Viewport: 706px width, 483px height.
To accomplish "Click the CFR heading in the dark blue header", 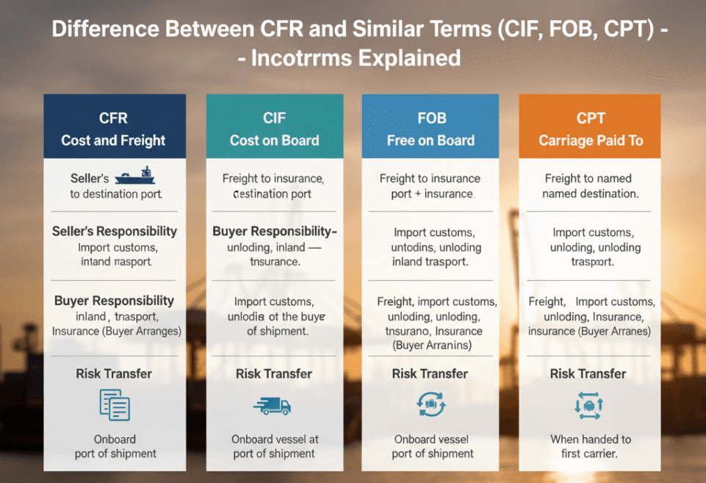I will [x=113, y=118].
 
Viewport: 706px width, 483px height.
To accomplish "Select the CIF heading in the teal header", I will [x=274, y=118].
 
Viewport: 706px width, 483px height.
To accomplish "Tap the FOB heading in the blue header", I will [x=431, y=118].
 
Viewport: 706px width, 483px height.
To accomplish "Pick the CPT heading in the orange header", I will [x=591, y=118].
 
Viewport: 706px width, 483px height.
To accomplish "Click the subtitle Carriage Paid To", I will [x=591, y=140].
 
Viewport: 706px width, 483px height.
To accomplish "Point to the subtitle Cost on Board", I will [x=274, y=140].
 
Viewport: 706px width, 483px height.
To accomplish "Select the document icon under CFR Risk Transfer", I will [x=114, y=405].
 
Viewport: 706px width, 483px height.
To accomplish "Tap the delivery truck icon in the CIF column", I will [x=272, y=405].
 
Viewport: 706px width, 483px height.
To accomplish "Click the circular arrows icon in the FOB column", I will [x=431, y=404].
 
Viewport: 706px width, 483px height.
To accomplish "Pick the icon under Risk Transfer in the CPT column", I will [x=589, y=404].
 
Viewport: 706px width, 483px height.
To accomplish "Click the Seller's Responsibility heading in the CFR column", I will [x=115, y=231].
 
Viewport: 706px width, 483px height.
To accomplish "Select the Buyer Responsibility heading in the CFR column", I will [x=114, y=300].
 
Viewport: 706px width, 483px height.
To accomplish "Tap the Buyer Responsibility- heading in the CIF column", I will [x=274, y=231].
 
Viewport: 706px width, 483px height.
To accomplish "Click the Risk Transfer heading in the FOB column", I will [x=430, y=373].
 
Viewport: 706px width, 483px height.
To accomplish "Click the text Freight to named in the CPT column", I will [x=588, y=178].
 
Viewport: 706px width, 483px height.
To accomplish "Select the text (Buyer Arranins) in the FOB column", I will [x=432, y=346].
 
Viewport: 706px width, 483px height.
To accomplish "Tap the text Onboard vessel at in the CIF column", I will [x=275, y=439].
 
